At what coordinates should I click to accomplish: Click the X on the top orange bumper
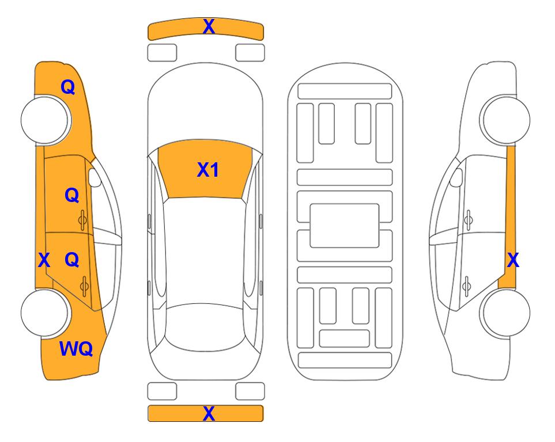point(209,26)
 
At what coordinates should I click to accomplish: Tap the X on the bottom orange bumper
point(209,413)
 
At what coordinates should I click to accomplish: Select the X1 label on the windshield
point(208,170)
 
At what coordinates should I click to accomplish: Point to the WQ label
point(76,349)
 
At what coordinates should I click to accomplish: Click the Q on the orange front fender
point(68,87)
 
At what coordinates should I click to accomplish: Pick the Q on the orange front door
point(72,195)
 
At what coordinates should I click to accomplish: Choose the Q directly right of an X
point(72,260)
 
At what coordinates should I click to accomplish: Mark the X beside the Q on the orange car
point(44,260)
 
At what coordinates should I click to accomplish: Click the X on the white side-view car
point(513,260)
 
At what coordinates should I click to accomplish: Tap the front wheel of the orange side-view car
point(46,120)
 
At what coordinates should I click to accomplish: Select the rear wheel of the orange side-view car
point(46,313)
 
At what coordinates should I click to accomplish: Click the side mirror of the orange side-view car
point(95,177)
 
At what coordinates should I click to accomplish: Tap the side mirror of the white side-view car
point(456,177)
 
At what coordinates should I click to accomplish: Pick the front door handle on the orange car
point(83,220)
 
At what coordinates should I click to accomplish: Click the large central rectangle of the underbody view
point(345,226)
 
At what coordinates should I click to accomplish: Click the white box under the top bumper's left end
point(162,53)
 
